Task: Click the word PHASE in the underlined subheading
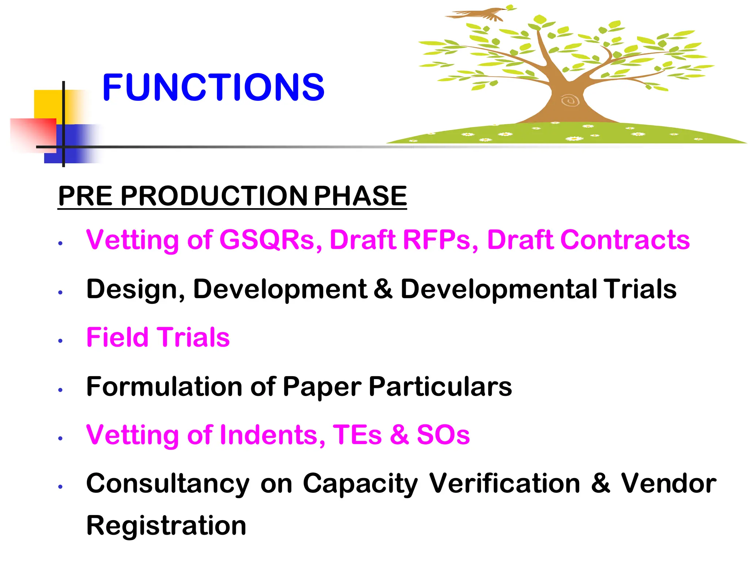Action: tap(360, 196)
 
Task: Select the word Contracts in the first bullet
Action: tap(625, 240)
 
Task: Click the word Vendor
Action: tap(668, 484)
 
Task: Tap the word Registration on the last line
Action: tap(166, 526)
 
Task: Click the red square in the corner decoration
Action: tap(33, 133)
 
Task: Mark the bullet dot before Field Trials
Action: tap(61, 341)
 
